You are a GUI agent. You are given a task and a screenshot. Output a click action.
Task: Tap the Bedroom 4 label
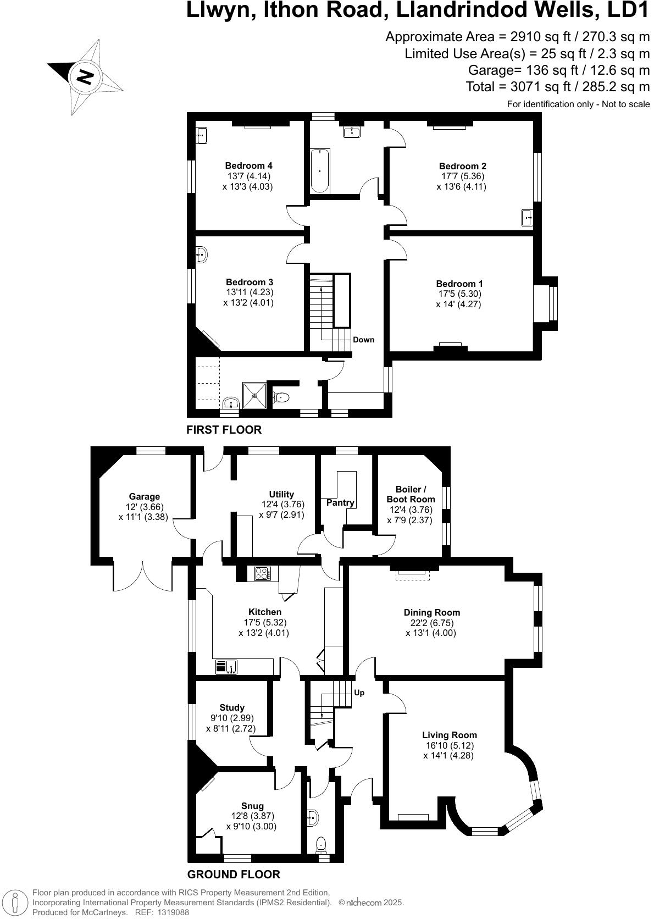click(248, 165)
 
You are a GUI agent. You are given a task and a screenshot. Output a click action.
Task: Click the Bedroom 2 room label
click(462, 166)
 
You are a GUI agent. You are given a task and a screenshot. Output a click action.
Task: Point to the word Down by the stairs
click(363, 340)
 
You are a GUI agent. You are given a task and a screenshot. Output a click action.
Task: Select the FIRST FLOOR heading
click(224, 430)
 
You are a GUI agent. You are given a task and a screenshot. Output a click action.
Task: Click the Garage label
click(145, 496)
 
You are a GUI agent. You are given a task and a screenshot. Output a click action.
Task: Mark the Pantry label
click(340, 503)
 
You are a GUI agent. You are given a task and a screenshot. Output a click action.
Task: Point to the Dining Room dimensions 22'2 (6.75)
click(431, 623)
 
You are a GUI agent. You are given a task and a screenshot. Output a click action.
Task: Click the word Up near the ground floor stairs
click(359, 693)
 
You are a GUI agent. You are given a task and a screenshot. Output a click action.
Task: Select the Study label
click(231, 707)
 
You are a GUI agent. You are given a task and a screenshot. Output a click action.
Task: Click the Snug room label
click(252, 806)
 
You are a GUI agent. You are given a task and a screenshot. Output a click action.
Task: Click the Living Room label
click(449, 735)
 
